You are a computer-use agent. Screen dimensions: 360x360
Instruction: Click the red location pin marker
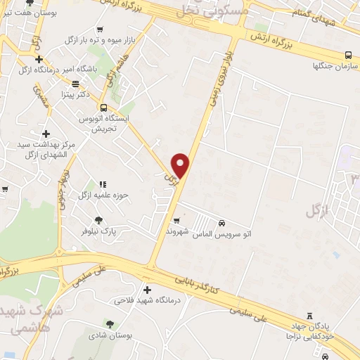tap(181, 165)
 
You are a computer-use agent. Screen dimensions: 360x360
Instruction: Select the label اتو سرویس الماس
tap(222, 232)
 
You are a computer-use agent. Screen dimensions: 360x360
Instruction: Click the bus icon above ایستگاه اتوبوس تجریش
tap(104, 108)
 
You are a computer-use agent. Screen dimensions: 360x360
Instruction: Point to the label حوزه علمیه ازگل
tap(103, 195)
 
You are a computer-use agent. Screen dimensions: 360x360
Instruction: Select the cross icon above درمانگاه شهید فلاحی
tap(147, 290)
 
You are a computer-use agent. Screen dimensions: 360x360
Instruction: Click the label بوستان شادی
tap(110, 335)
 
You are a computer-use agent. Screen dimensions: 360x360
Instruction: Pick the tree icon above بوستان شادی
tap(110, 323)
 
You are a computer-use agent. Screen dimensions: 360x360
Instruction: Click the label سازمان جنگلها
tap(335, 66)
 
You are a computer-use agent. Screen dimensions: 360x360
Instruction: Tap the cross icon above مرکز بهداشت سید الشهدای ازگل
tap(46, 134)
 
